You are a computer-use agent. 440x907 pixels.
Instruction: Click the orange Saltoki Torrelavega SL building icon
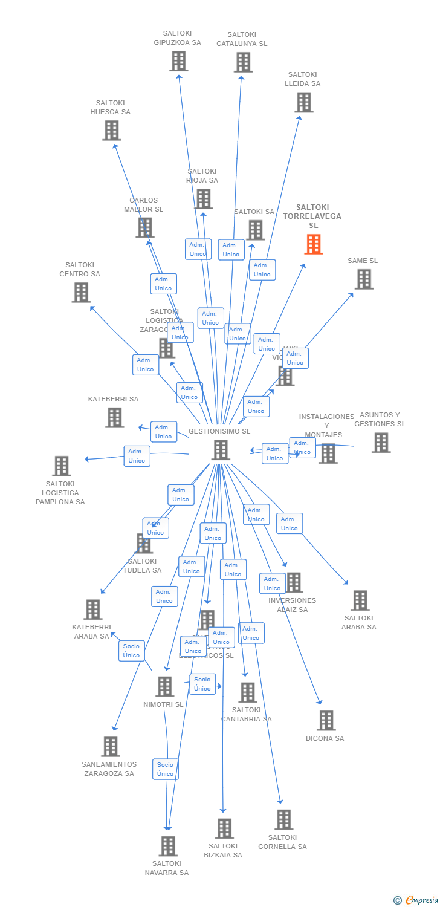coord(313,244)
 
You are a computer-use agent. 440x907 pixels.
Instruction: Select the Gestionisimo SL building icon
coord(221,450)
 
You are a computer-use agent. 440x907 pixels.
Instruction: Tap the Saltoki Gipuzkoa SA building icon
coord(178,61)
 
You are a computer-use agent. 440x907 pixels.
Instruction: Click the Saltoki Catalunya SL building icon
coord(243,62)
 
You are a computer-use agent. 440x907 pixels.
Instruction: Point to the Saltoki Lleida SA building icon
coord(304,102)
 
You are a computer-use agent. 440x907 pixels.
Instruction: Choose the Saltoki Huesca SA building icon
coord(111,131)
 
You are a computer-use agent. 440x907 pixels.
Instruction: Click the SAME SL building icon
coord(363,279)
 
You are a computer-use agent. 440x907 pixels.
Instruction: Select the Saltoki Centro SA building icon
coord(80,293)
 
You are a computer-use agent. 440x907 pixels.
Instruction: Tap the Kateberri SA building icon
coord(114,417)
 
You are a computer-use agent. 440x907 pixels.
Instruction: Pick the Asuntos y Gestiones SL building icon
coord(381,443)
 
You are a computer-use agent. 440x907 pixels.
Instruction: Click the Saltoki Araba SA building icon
coord(360,600)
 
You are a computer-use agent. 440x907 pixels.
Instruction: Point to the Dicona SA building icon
coord(326,720)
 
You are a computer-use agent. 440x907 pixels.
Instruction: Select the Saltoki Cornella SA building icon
coord(283,820)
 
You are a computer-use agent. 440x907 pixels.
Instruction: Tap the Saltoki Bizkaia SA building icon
coord(224,828)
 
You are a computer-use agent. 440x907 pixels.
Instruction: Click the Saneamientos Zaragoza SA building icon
coord(110,747)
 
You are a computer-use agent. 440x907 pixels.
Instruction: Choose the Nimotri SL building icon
coord(164,687)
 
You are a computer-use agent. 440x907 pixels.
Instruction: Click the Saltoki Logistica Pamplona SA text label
coord(60,493)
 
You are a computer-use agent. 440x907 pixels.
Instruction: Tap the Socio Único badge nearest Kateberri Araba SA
coord(131,651)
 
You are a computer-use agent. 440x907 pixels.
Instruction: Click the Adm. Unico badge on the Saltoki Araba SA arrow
coord(290,524)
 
